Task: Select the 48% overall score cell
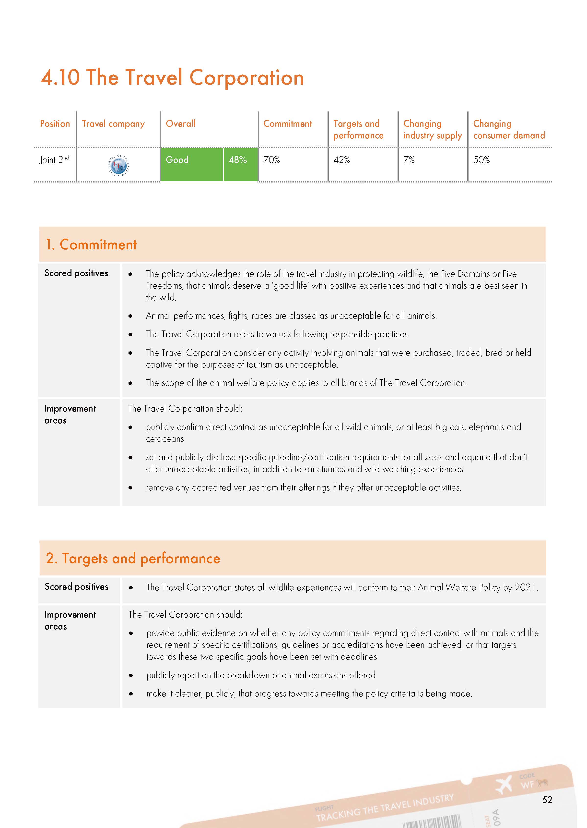[237, 160]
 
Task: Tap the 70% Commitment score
[271, 160]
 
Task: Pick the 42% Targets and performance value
[341, 160]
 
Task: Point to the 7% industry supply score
[409, 160]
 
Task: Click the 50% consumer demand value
[481, 160]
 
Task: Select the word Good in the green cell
[177, 160]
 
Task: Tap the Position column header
[55, 124]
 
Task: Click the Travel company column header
[113, 124]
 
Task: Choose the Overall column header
[180, 124]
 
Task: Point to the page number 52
[547, 800]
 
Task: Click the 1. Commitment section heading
[91, 245]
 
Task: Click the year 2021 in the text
[525, 587]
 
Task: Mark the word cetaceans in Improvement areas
[165, 439]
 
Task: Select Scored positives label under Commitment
[76, 273]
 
